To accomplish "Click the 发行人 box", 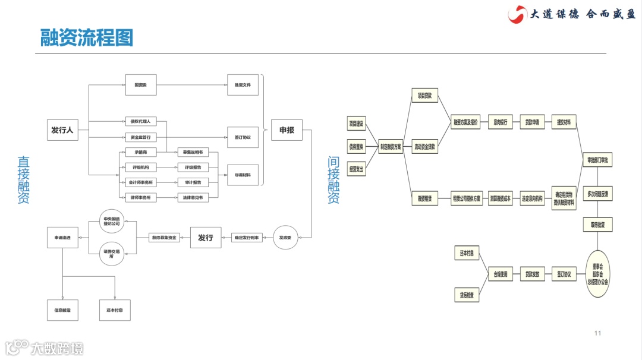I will (62, 130).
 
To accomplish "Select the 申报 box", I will (287, 130).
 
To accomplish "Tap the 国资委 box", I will (140, 85).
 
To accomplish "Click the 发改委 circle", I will (285, 238).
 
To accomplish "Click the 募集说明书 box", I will (193, 153).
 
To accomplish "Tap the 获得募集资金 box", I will (164, 238).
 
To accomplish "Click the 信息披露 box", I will (62, 310).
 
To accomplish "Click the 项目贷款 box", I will (425, 95).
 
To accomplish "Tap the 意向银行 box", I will (501, 123).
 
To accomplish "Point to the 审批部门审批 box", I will (597, 160).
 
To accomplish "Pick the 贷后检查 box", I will (467, 295).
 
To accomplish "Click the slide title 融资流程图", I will (87, 37).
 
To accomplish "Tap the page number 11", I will (598, 333).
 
